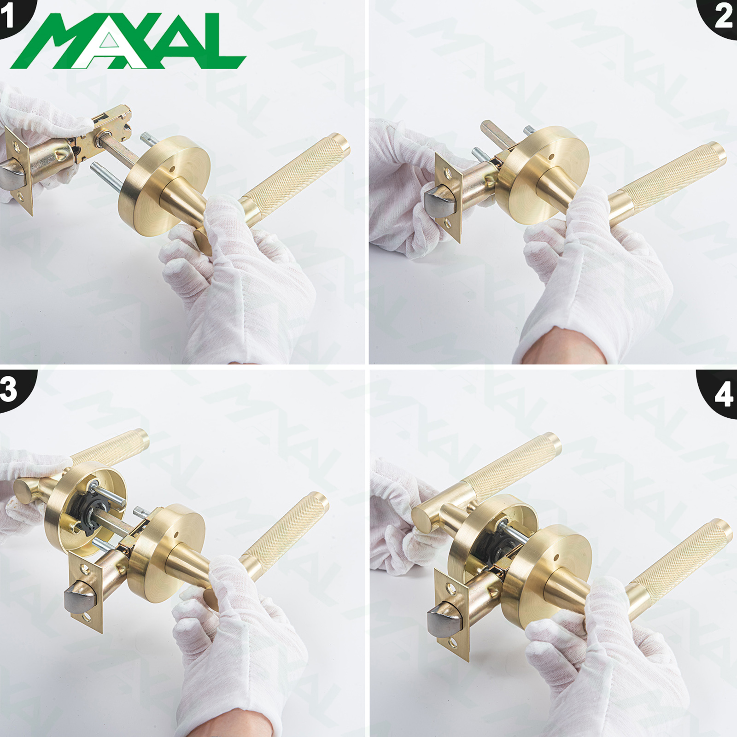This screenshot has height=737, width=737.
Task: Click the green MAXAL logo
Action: tap(128, 41)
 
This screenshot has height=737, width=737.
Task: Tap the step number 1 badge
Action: tap(14, 16)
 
